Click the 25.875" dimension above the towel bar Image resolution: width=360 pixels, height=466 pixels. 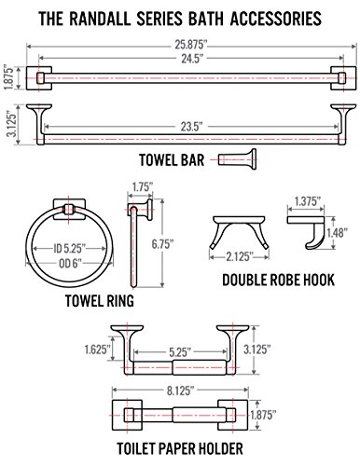190,45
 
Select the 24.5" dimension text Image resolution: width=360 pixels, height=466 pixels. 192,58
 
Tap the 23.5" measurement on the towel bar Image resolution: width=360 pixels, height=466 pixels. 192,127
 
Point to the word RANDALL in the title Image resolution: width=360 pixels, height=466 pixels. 100,19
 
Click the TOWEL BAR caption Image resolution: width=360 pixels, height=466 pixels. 172,160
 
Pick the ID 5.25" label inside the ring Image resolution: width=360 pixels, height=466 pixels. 69,249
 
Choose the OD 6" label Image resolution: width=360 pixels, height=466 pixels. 70,264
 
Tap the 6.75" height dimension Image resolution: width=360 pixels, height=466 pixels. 162,244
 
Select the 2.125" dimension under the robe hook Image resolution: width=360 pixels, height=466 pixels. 239,256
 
